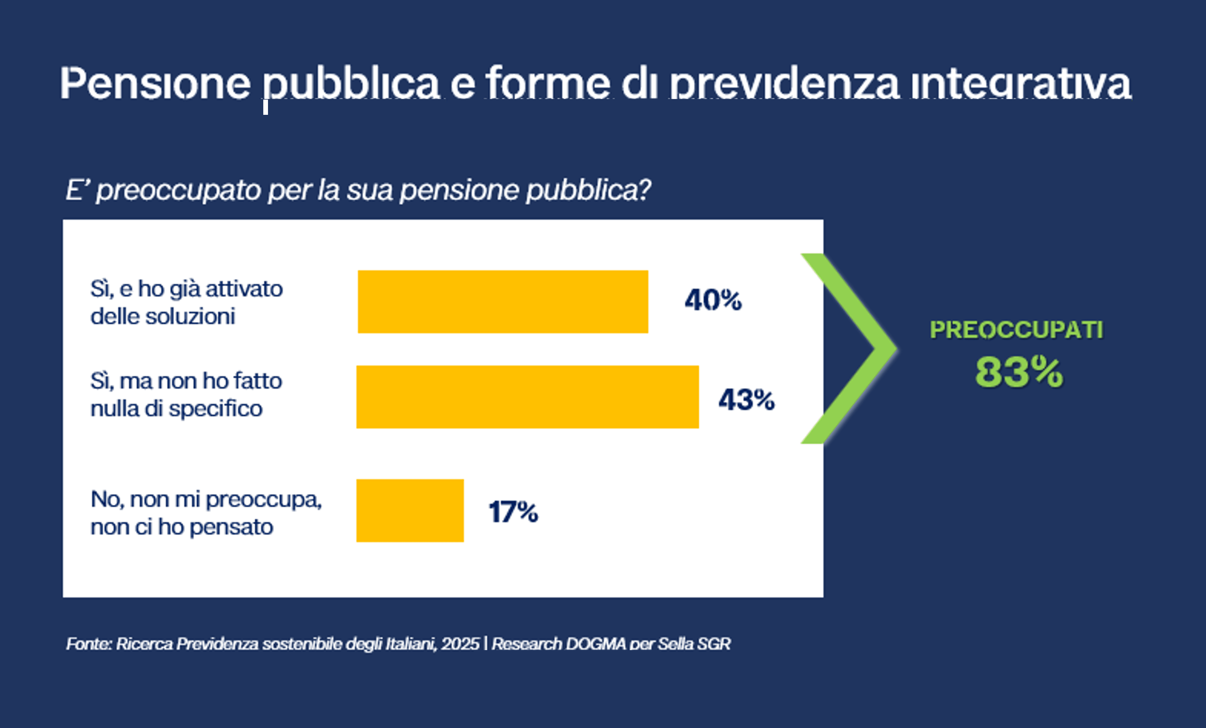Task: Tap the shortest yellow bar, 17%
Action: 410,510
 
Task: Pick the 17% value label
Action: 513,512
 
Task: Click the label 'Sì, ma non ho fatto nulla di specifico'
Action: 186,394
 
